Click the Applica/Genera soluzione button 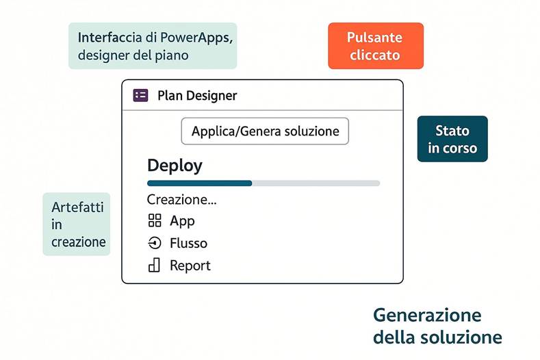point(265,131)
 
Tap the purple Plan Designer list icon point(140,95)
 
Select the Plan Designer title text point(197,95)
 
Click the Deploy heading point(175,166)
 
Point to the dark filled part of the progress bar point(199,183)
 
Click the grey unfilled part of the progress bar point(316,183)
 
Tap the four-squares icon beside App point(154,220)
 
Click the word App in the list point(182,220)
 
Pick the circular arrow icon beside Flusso point(154,243)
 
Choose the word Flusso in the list point(188,243)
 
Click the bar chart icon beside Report point(154,265)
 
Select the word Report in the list point(190,266)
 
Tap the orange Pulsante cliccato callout point(375,46)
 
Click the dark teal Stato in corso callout point(452,139)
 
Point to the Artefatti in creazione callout point(77,224)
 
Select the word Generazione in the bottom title point(427,316)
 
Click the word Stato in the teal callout point(452,130)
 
